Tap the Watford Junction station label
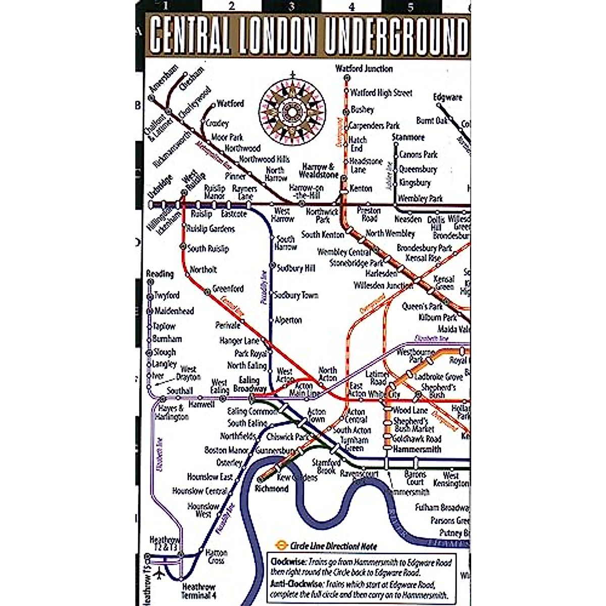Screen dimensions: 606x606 tap(364, 69)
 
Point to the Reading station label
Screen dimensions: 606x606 tap(160, 274)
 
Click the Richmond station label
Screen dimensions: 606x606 tap(272, 489)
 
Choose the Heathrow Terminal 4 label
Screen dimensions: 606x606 tap(198, 591)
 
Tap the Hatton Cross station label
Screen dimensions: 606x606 tap(217, 557)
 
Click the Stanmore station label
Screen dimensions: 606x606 tap(408, 137)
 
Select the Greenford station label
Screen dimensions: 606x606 tap(228, 289)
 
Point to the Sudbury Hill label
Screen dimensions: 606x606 tap(295, 268)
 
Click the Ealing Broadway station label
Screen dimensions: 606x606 tap(249, 384)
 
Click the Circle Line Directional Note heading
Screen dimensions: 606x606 tap(333, 546)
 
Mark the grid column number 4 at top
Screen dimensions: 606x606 tap(351, 7)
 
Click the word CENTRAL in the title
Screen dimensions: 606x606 tap(190, 36)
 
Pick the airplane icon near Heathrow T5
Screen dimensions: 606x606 tap(161, 575)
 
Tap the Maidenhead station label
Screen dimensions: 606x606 tap(174, 311)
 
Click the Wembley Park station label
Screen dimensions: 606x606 tap(420, 198)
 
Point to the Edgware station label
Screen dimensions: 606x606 tap(447, 97)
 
